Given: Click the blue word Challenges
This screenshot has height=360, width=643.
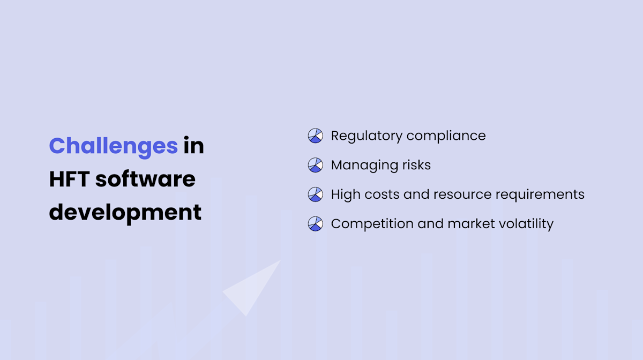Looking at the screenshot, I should click(x=113, y=146).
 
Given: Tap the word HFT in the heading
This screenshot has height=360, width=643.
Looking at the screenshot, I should click(x=69, y=179).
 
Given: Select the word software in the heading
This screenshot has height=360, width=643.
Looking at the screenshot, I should click(x=145, y=179).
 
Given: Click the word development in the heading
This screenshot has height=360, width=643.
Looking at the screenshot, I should click(x=125, y=213).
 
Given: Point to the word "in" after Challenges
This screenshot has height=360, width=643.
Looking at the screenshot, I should click(x=193, y=146).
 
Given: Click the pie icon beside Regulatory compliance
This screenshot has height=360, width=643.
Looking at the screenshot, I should click(x=316, y=136).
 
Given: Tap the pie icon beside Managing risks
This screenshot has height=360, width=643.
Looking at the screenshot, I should click(x=316, y=165).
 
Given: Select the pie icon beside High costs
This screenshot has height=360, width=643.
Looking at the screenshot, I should click(x=316, y=194).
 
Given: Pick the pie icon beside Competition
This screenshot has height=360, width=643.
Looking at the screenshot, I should click(x=316, y=224).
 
